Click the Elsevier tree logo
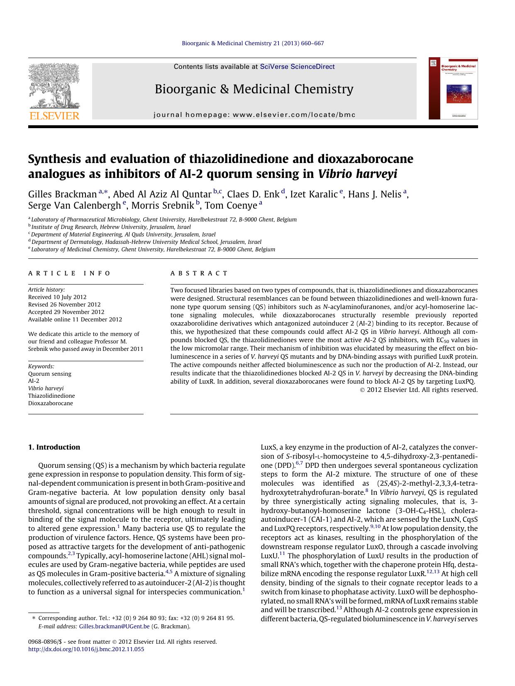(54, 85)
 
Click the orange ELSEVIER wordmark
(54, 116)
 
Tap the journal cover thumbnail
(453, 88)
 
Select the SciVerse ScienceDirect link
(297, 67)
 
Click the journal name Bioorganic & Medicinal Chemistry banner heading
(254, 89)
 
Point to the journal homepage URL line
(254, 115)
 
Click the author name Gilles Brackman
(62, 194)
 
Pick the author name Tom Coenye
(231, 205)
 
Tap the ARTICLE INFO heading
(69, 273)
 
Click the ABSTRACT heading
(199, 273)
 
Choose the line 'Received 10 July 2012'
(57, 297)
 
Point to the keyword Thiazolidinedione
(51, 396)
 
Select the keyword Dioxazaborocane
(51, 403)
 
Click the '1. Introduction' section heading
(54, 447)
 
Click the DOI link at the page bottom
(86, 649)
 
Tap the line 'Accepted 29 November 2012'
(66, 312)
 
